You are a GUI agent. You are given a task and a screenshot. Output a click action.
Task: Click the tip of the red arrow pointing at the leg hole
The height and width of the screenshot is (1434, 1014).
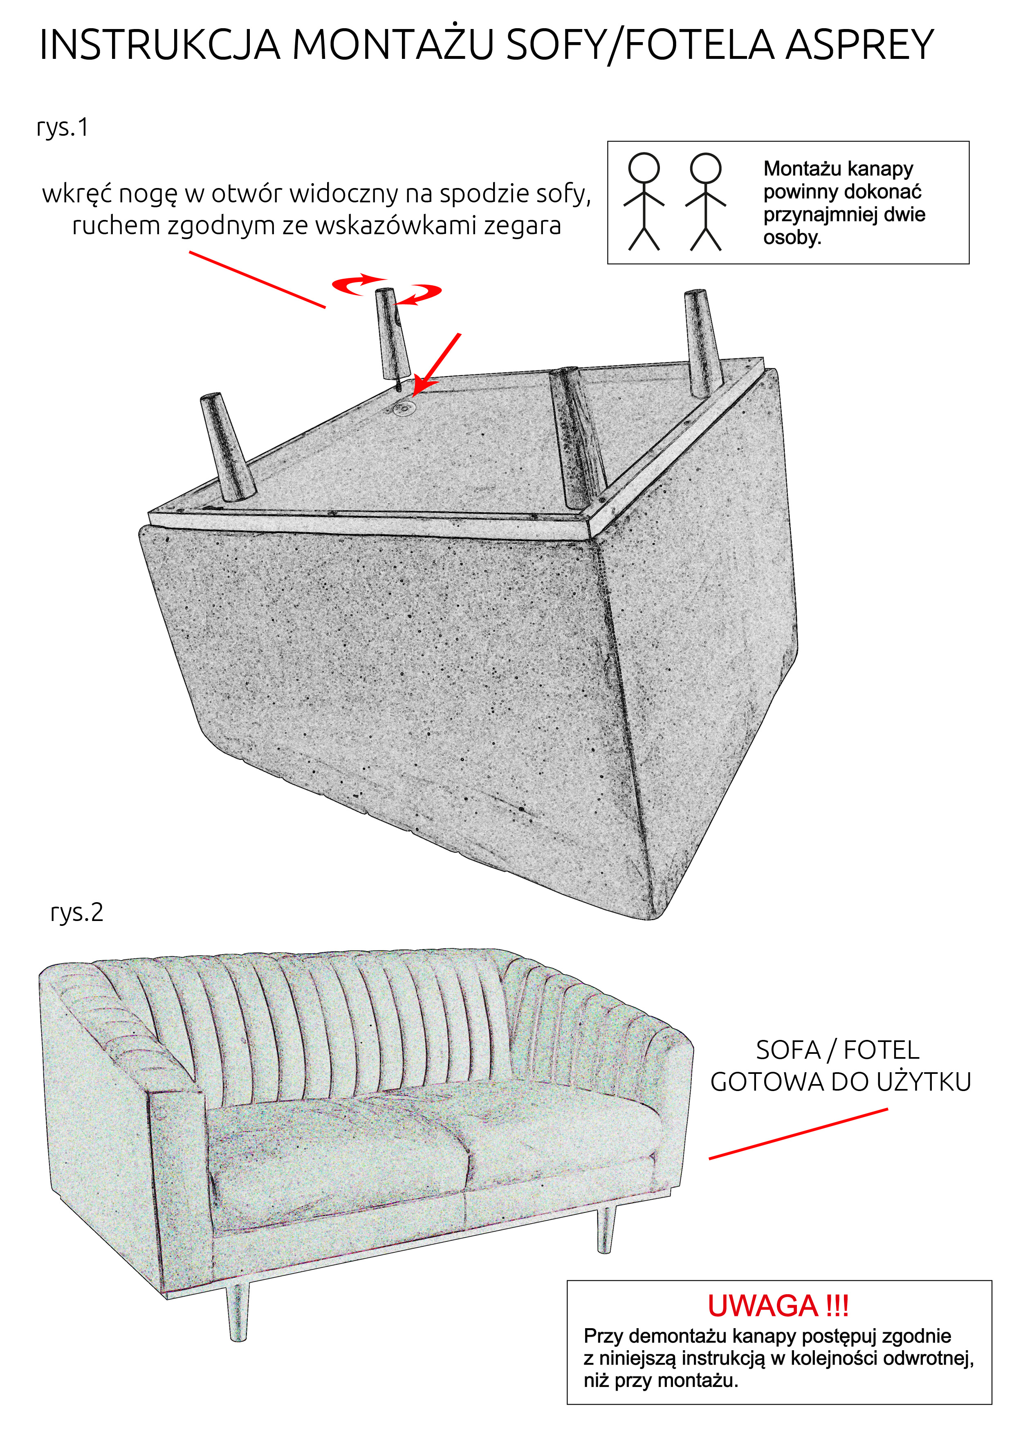click(414, 395)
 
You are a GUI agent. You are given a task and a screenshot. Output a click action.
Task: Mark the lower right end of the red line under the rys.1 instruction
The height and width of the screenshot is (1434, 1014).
click(325, 307)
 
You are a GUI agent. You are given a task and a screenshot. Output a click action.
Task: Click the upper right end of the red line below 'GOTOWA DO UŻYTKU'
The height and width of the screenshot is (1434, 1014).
click(887, 1110)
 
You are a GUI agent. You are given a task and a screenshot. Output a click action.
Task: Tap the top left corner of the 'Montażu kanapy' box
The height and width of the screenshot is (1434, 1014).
click(608, 142)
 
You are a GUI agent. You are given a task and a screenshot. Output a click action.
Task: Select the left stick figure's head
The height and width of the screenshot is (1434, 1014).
click(644, 168)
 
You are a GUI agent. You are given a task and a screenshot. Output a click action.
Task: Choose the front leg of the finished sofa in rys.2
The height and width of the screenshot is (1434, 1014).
click(238, 1312)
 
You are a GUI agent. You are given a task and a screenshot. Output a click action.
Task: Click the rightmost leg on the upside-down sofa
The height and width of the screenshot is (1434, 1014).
click(704, 343)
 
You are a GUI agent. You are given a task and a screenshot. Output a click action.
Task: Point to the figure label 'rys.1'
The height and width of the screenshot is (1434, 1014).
click(63, 128)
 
